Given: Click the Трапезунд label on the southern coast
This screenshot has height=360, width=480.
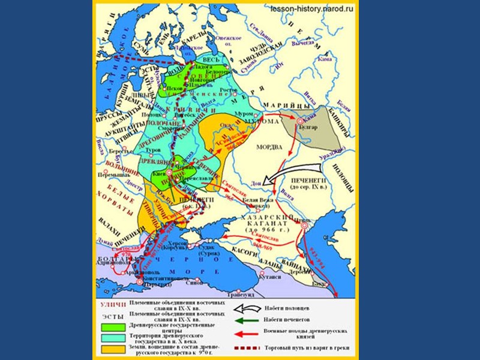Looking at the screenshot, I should [244, 295].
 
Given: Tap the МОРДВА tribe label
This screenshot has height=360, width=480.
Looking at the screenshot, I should [269, 146].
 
